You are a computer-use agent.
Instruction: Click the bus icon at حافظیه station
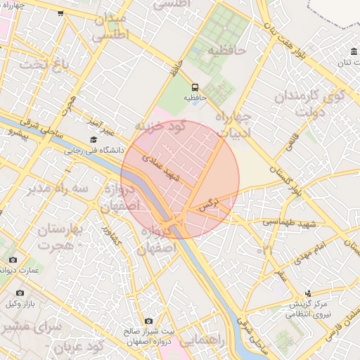[x=195, y=87]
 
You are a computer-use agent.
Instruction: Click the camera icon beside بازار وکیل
[x=20, y=292]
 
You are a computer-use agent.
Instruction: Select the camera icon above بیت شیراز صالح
[x=148, y=321]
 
